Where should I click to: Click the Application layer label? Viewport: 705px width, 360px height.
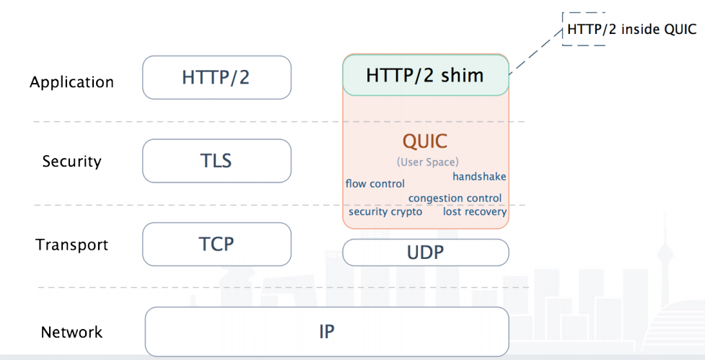coord(71,82)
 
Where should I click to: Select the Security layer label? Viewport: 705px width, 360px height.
coord(71,161)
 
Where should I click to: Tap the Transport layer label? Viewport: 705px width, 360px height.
coord(71,245)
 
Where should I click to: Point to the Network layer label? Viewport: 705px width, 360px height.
coord(71,333)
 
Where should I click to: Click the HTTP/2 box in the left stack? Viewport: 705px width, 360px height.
coord(216,77)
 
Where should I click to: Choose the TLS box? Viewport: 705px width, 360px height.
coord(216,160)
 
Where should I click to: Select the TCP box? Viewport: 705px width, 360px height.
coord(216,244)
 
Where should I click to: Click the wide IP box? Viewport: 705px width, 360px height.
coord(327,331)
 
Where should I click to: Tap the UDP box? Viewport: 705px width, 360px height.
coord(425,253)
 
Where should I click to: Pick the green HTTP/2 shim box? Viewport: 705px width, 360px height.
coord(425,75)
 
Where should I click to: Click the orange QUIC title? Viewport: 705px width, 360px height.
coord(425,141)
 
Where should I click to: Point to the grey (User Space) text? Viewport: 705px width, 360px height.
coord(427,162)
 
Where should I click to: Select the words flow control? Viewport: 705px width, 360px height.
coord(375,184)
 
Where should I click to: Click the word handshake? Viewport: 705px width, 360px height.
coord(479,177)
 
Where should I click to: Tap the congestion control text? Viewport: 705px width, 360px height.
coord(455,198)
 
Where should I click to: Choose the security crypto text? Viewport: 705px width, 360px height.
coord(385,212)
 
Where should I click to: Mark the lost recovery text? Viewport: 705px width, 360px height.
coord(475,212)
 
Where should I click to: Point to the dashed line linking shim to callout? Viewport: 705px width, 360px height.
coord(535,53)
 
